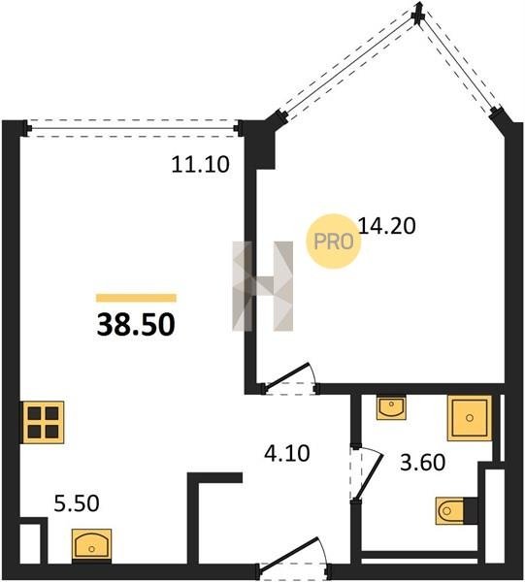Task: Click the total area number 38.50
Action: (x=136, y=324)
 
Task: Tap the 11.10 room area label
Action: (x=201, y=165)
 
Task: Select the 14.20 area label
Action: (x=387, y=226)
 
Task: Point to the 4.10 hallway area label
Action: (x=287, y=453)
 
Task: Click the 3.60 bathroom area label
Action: (x=422, y=463)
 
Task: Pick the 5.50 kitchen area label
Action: (x=77, y=503)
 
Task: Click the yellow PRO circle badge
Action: (x=334, y=242)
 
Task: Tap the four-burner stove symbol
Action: (x=43, y=422)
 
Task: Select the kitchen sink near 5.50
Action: (x=92, y=544)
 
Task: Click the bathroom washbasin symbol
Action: (x=391, y=406)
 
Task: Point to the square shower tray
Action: (x=470, y=418)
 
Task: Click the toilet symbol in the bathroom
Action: (x=456, y=511)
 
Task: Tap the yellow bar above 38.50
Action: (x=136, y=298)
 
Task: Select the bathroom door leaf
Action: (x=369, y=477)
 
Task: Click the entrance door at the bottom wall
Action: (x=293, y=557)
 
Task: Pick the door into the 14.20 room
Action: (x=289, y=378)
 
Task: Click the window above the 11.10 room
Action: (x=133, y=128)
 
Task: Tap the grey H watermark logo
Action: (x=262, y=286)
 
